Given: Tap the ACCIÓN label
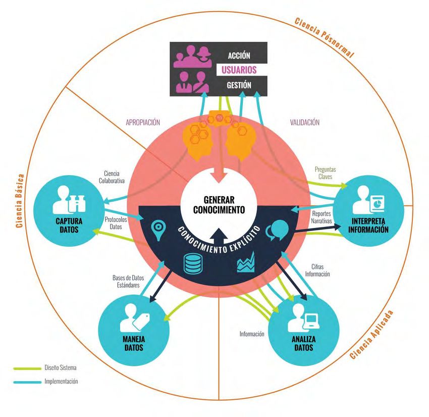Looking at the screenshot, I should pos(239,55).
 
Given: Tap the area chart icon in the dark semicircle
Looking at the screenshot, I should pos(246,263).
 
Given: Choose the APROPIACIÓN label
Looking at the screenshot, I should pos(142,122).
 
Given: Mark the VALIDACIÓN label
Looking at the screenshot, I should pos(305,122).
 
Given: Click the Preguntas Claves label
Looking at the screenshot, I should pos(325,173).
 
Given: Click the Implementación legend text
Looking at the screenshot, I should pos(61,382).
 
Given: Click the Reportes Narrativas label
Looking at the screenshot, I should pos(321,218).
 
